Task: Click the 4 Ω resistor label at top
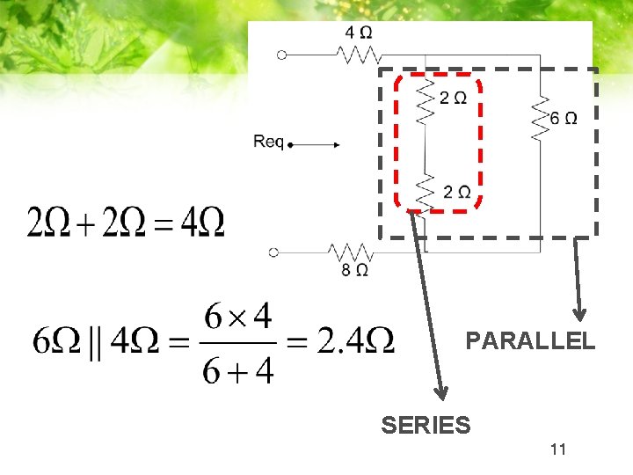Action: [358, 33]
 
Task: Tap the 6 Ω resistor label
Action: [564, 118]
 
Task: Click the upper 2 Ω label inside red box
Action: [454, 98]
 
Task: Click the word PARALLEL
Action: [530, 340]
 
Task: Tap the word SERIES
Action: [426, 426]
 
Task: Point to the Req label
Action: [268, 142]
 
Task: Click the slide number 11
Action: [557, 450]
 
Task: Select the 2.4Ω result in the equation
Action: [355, 341]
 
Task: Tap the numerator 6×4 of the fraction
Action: [237, 315]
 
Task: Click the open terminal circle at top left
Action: [281, 55]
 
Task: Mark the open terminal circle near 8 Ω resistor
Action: [273, 252]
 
